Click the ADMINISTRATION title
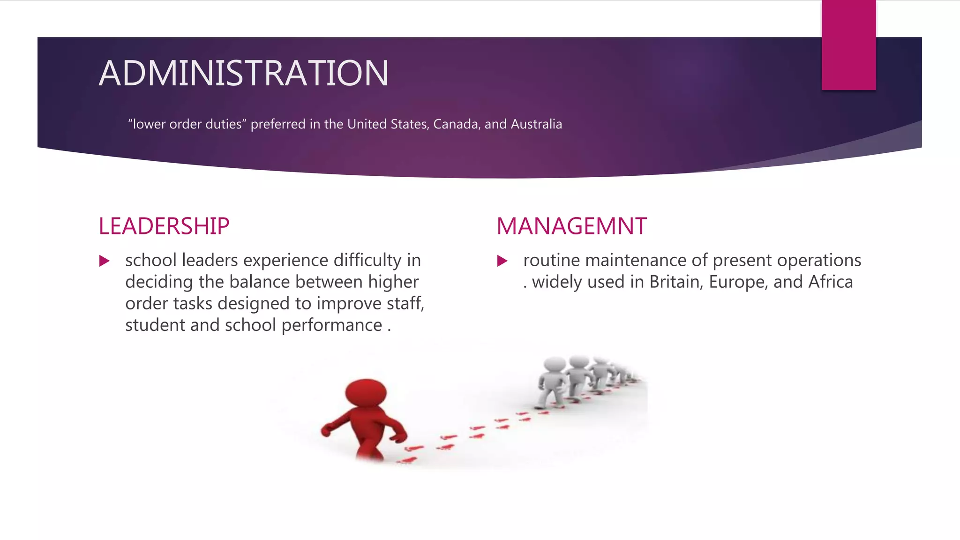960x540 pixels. (243, 74)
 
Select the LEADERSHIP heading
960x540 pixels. (164, 226)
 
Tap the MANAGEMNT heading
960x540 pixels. (571, 226)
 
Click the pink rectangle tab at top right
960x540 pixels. (848, 45)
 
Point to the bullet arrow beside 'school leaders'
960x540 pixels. (104, 261)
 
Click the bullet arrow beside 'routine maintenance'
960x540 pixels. (502, 261)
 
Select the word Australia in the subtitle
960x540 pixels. (536, 124)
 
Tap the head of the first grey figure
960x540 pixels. (555, 365)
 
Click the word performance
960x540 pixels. (332, 325)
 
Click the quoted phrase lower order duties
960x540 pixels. (187, 124)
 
